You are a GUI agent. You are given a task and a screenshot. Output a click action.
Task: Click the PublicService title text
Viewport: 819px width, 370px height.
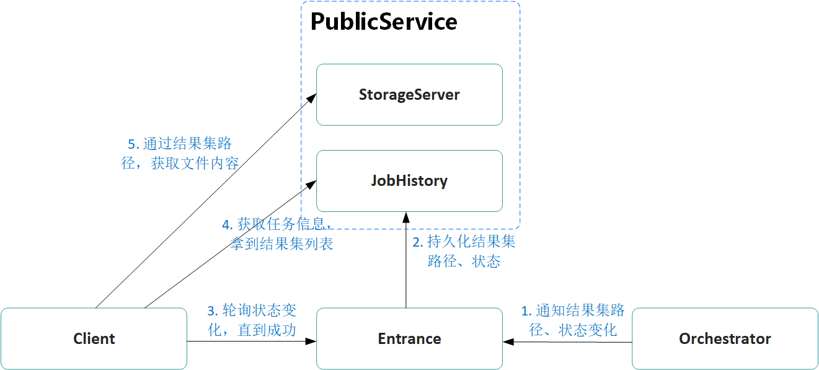pyautogui.click(x=383, y=22)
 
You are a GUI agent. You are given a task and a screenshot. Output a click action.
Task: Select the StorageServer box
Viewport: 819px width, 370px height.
pyautogui.click(x=409, y=95)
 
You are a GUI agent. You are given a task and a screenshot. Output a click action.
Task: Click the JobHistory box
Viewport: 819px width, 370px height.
pyautogui.click(x=409, y=181)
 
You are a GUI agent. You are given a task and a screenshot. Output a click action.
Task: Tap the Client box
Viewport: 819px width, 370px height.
pyautogui.click(x=94, y=339)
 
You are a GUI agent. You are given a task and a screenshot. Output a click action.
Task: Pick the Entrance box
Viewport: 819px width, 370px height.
pyautogui.click(x=409, y=339)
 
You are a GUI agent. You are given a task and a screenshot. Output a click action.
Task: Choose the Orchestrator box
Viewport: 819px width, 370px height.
pyautogui.click(x=725, y=339)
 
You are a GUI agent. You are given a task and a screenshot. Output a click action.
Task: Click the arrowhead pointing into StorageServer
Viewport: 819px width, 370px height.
pyautogui.click(x=312, y=97)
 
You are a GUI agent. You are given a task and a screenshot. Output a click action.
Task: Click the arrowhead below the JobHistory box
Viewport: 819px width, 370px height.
pyautogui.click(x=406, y=218)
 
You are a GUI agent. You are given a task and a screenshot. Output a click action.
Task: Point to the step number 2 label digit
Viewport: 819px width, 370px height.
pyautogui.click(x=418, y=242)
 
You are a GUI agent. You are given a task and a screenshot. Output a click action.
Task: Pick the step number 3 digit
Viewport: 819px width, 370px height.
pyautogui.click(x=211, y=311)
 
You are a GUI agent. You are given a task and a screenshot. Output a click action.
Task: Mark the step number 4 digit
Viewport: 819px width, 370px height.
pyautogui.click(x=226, y=224)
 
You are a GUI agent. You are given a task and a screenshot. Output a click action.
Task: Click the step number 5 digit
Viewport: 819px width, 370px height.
pyautogui.click(x=132, y=144)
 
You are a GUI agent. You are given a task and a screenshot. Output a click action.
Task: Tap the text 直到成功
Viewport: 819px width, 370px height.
pyautogui.click(x=267, y=330)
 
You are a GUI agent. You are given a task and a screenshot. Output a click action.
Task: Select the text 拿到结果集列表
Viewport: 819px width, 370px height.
pyautogui.click(x=282, y=244)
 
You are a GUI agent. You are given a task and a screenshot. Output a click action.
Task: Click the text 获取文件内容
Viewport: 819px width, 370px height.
pyautogui.click(x=195, y=164)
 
